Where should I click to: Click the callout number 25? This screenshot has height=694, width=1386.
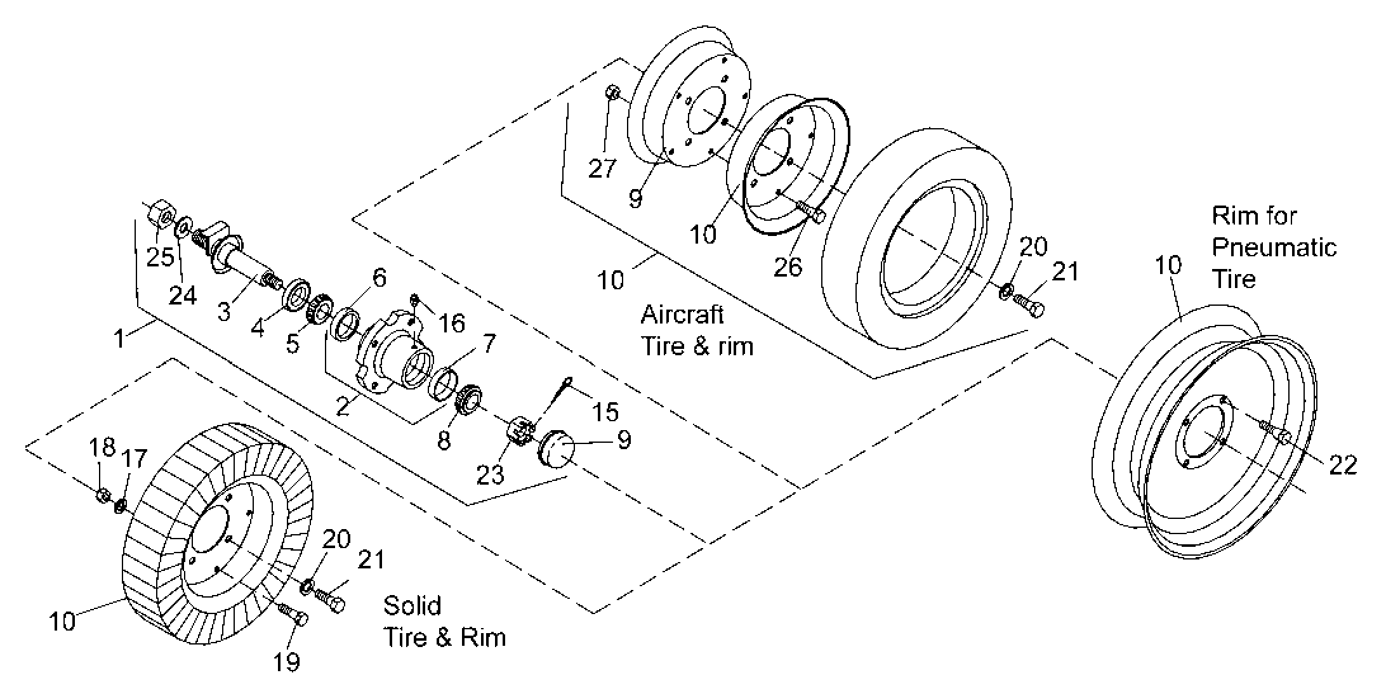[x=160, y=257]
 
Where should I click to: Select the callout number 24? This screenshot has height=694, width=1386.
[x=183, y=295]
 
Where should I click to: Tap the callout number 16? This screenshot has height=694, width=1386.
[x=452, y=323]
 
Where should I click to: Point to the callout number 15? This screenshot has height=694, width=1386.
[x=605, y=412]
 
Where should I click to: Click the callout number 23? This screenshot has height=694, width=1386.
[x=490, y=474]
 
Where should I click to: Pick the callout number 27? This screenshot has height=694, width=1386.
[x=602, y=168]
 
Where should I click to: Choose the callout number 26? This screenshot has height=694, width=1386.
[x=788, y=267]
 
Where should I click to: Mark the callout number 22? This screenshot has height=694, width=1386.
[x=1342, y=465]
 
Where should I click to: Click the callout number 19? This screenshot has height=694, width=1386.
[x=286, y=662]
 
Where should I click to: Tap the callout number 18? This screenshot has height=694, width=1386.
[x=102, y=447]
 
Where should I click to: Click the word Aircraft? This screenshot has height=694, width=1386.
[x=682, y=315]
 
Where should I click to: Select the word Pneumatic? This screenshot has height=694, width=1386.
[x=1274, y=247]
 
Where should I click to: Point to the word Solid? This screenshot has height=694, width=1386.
[x=412, y=606]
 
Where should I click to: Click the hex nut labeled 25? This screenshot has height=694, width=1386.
[x=162, y=214]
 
